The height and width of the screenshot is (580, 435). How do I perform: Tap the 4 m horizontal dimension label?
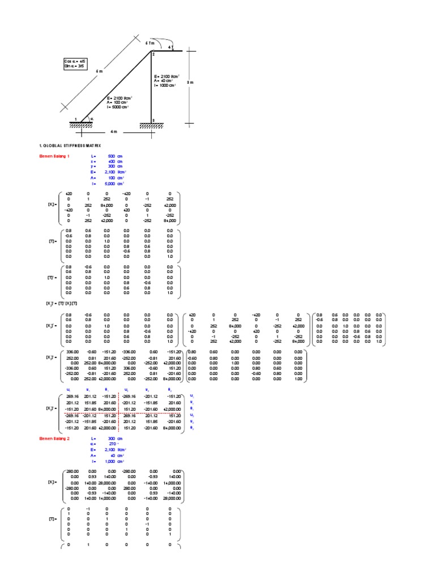coord(114,132)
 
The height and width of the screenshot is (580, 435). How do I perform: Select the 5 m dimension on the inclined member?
coord(100,71)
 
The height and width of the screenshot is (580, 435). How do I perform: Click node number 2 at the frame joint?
coord(152,54)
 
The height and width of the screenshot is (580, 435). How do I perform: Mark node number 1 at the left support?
coord(75,118)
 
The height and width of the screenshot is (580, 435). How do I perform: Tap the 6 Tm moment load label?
coord(149,42)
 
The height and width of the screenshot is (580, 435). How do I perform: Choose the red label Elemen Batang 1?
coord(54,156)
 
